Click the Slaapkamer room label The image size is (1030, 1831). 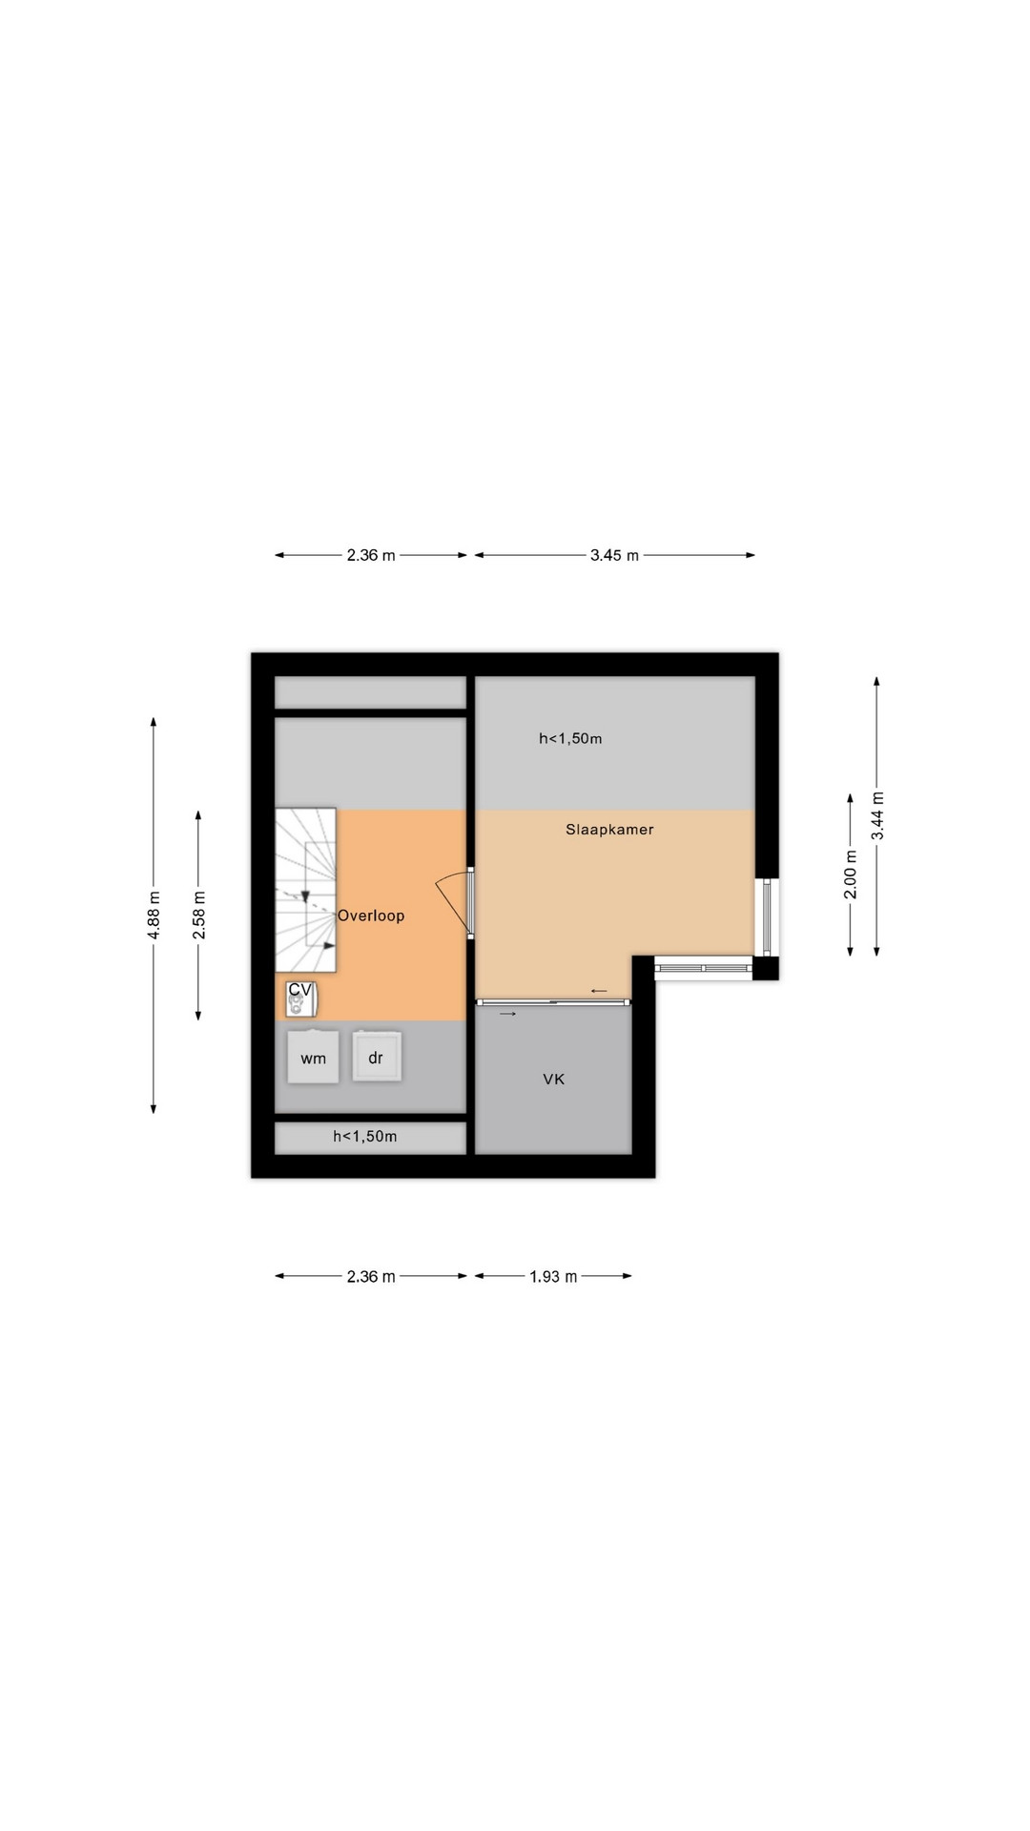coord(609,830)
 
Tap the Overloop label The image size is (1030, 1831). coord(371,915)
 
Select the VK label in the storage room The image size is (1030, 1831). coord(554,1080)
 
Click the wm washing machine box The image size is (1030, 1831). coord(313,1058)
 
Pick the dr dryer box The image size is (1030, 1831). coord(376,1057)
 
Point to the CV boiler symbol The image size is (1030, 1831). coord(300,998)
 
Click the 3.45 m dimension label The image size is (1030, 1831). coord(614,555)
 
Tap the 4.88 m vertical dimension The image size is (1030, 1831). coord(154,915)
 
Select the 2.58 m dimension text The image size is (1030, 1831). coord(199,915)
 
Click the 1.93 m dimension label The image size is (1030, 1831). coord(553,1276)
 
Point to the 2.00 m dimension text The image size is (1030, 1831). coord(851,874)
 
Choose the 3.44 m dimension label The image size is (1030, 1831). coord(877,816)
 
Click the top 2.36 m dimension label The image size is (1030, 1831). coord(371,555)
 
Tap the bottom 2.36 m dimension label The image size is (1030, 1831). coord(371,1276)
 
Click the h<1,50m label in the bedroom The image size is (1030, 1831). coord(570,738)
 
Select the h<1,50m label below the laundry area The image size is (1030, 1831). coord(365,1136)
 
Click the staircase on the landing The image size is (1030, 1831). coord(306,890)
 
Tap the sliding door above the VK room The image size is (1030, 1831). coord(553,1001)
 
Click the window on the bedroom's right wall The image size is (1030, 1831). coord(767,917)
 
